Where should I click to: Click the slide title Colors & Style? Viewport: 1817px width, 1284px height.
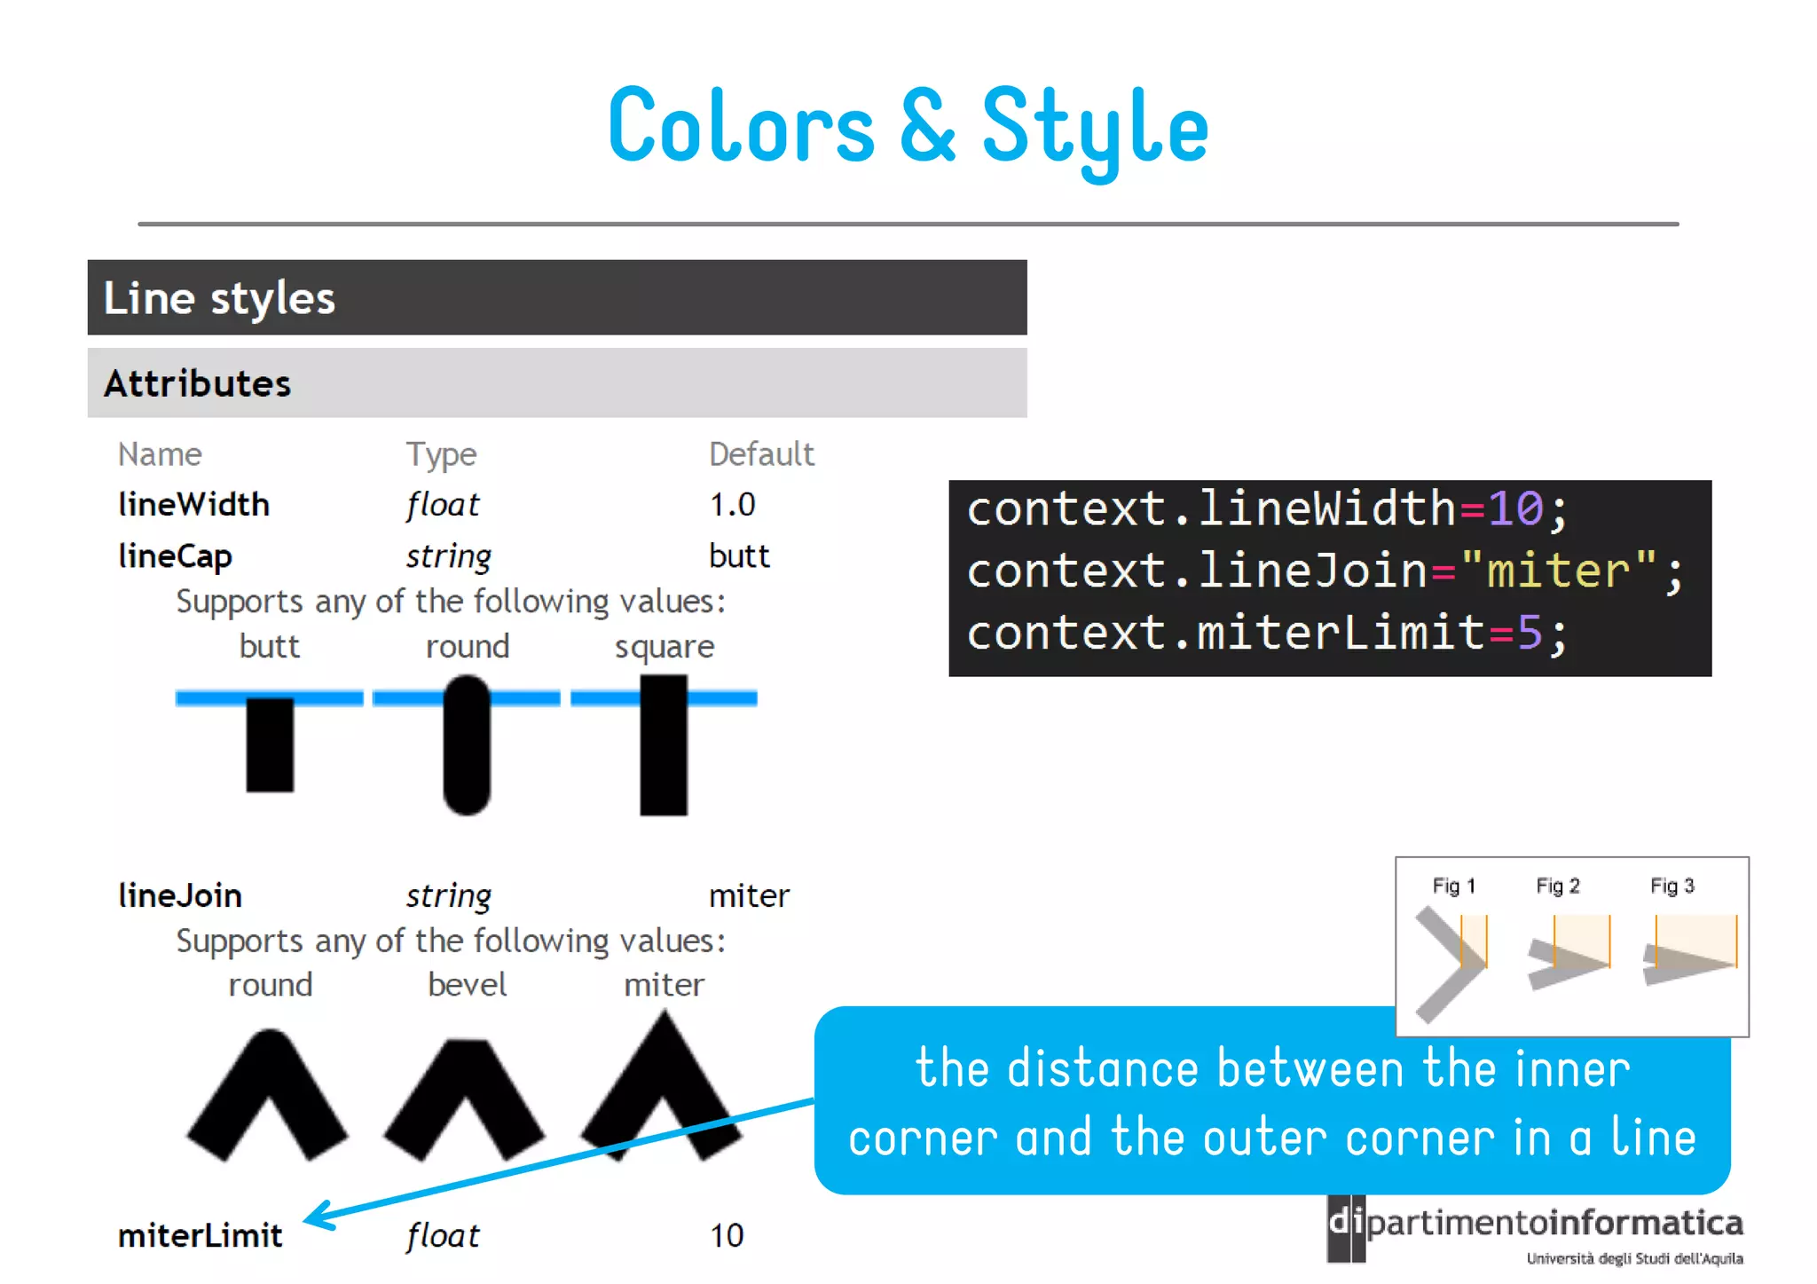pos(908,128)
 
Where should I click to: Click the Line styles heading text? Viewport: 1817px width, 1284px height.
pos(219,298)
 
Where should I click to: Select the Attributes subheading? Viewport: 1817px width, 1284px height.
pos(197,383)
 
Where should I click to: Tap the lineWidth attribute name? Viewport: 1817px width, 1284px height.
pos(193,505)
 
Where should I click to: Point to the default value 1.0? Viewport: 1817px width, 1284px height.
pos(732,505)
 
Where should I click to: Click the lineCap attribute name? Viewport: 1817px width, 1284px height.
pos(175,556)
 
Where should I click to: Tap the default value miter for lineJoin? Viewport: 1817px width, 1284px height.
pos(749,896)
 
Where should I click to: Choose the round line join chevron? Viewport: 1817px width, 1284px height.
pos(268,1096)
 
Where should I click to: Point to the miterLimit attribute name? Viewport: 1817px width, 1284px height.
pos(200,1235)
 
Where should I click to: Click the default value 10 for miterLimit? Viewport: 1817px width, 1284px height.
pos(727,1235)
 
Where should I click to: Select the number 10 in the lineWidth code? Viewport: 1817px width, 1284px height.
pos(1515,509)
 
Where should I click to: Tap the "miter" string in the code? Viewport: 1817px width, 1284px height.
pos(1558,571)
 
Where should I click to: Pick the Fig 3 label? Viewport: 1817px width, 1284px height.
pos(1671,886)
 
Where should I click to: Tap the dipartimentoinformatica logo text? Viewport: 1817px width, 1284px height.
pos(1553,1224)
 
